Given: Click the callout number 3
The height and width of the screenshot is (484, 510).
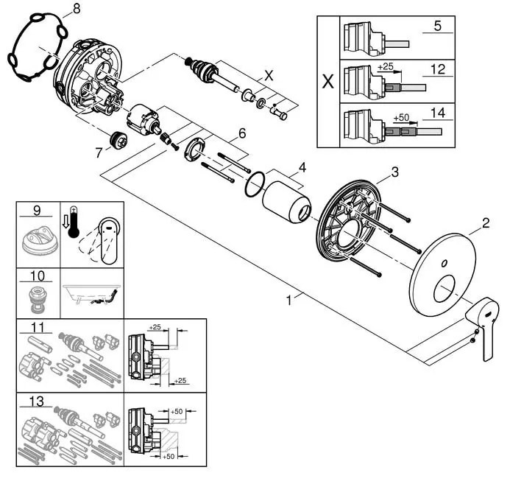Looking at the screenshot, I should click(x=395, y=172).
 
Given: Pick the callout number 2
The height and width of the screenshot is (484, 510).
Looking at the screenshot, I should click(x=486, y=221).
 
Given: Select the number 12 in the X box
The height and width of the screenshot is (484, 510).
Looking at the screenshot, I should click(x=437, y=69).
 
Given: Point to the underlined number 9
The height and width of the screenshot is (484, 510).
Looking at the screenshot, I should click(x=35, y=211).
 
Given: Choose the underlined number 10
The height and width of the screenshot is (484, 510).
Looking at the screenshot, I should click(x=35, y=278).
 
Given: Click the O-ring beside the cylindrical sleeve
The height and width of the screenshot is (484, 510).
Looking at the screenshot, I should click(x=254, y=184).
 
